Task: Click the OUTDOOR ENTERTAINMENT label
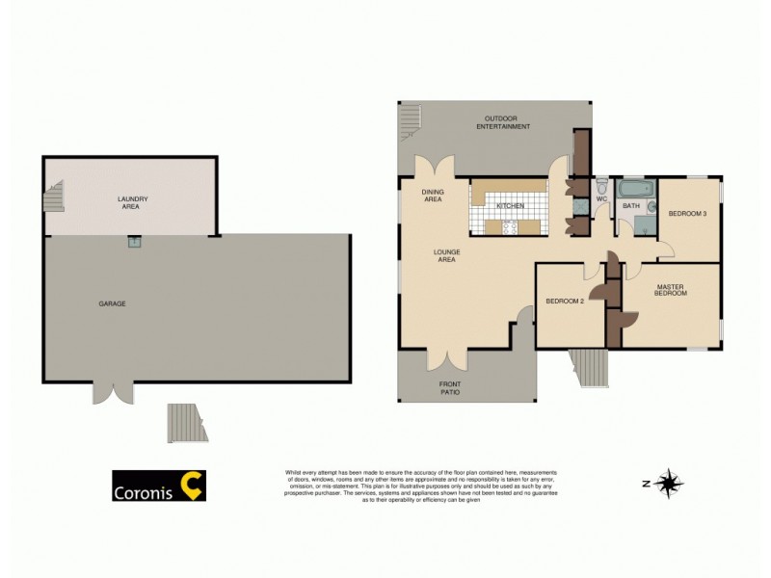pyautogui.click(x=507, y=122)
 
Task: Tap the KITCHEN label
pyautogui.click(x=510, y=206)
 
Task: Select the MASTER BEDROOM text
pyautogui.click(x=671, y=289)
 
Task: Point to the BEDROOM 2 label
pyautogui.click(x=565, y=302)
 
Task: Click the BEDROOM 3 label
pyautogui.click(x=688, y=214)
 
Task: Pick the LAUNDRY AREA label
pyautogui.click(x=132, y=202)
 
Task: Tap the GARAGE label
pyautogui.click(x=112, y=303)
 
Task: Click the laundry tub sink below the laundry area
pyautogui.click(x=133, y=243)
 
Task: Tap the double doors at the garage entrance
pyautogui.click(x=113, y=393)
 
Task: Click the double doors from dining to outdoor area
pyautogui.click(x=431, y=167)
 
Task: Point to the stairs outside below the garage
pyautogui.click(x=187, y=422)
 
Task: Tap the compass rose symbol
pyautogui.click(x=667, y=483)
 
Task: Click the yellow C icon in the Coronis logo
pyautogui.click(x=194, y=486)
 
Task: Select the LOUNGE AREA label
pyautogui.click(x=446, y=256)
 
